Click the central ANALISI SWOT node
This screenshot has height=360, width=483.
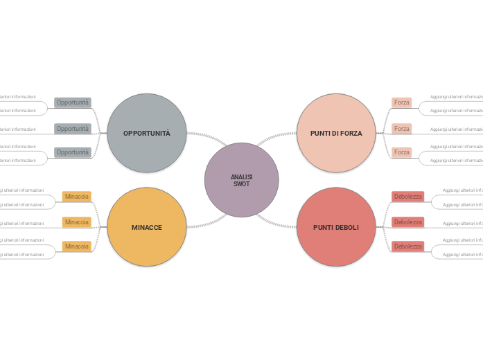[x=241, y=180]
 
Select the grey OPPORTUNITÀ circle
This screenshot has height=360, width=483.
[x=147, y=133]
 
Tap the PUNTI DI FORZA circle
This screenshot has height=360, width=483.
[x=336, y=133]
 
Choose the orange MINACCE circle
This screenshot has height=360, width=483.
[x=147, y=227]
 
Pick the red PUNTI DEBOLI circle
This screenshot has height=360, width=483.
[x=336, y=227]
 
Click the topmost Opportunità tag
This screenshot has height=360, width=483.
[x=73, y=102]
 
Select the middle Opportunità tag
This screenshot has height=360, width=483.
[x=73, y=129]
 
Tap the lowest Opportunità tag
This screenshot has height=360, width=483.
[x=73, y=152]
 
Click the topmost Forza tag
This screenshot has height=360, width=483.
[x=401, y=102]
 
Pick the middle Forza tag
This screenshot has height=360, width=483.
[x=401, y=129]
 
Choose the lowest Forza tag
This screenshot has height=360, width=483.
[x=401, y=152]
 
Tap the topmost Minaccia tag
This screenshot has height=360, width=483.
[x=77, y=197]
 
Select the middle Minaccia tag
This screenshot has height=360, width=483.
[x=77, y=222]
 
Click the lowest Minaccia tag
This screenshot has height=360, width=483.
[x=77, y=246]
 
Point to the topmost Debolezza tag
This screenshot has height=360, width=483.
[x=407, y=197]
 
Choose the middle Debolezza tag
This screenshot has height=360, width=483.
[x=407, y=222]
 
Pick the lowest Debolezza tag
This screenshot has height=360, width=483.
[x=407, y=246]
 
